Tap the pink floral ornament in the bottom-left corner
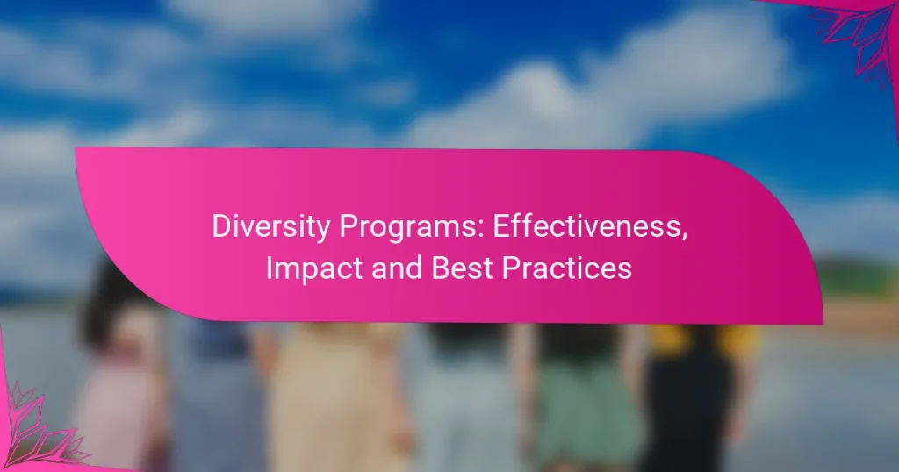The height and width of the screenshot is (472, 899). [35, 430]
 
